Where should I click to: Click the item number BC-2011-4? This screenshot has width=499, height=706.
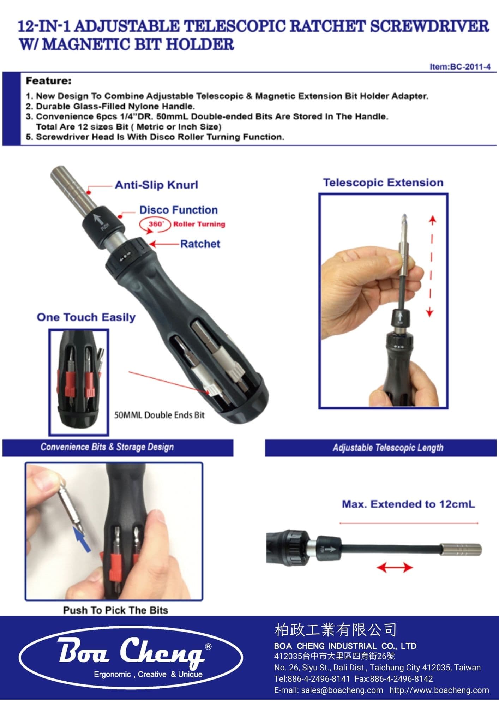click(x=460, y=67)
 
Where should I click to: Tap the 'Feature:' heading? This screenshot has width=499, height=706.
click(x=48, y=81)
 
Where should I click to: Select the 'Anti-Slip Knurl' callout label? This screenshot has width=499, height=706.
click(x=156, y=185)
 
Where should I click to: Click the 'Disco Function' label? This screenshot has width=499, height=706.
click(x=178, y=210)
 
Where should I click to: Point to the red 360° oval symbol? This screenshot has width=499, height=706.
click(x=155, y=225)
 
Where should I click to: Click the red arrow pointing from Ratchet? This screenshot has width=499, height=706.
click(x=164, y=244)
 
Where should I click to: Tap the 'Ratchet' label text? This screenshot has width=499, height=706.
click(x=200, y=244)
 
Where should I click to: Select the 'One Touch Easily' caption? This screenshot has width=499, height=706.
click(x=86, y=317)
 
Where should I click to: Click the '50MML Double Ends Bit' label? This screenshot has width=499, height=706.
click(x=159, y=415)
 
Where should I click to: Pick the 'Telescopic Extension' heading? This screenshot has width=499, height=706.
click(x=383, y=183)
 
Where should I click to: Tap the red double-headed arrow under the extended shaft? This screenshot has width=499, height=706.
click(x=395, y=568)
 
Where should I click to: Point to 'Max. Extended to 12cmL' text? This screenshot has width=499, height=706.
click(x=408, y=504)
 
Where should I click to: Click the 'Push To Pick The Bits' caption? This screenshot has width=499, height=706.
click(x=115, y=610)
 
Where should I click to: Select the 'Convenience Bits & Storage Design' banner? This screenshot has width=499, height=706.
click(x=107, y=447)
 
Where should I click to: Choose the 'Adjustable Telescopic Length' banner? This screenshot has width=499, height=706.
click(x=388, y=448)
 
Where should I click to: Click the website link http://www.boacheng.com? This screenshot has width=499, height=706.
click(x=439, y=690)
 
